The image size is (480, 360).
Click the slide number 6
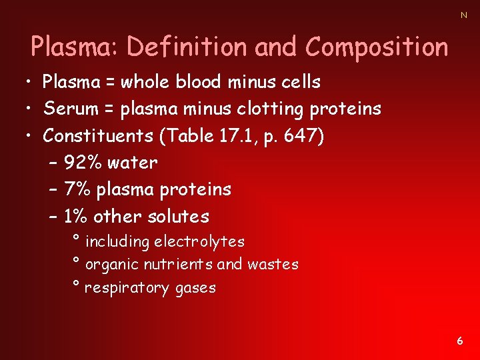460,341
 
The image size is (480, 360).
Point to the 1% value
76,217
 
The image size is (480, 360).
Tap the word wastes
273,265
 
